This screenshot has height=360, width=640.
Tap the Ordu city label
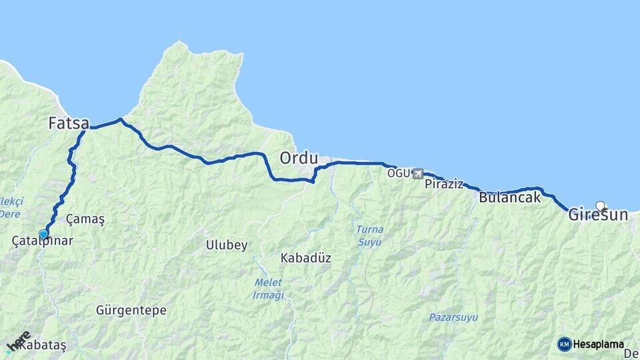pyautogui.click(x=299, y=159)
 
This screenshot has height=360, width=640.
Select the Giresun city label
pyautogui.click(x=598, y=215)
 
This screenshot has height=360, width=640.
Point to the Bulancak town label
pyautogui.click(x=509, y=197)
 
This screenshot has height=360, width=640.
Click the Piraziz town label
pyautogui.click(x=443, y=184)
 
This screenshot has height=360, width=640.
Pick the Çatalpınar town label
pyautogui.click(x=43, y=241)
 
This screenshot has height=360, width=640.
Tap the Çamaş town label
pyautogui.click(x=86, y=219)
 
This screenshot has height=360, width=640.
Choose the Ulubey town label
pyautogui.click(x=227, y=245)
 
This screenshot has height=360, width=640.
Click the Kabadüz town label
pyautogui.click(x=306, y=258)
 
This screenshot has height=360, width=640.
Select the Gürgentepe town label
pyautogui.click(x=131, y=311)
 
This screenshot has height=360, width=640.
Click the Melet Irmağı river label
pyautogui.click(x=269, y=289)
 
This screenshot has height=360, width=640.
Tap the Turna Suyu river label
pyautogui.click(x=369, y=235)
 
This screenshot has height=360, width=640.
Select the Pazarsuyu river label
pyautogui.click(x=453, y=317)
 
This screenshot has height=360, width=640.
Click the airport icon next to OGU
pyautogui.click(x=418, y=174)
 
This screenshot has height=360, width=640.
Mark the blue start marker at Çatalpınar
pyautogui.click(x=44, y=234)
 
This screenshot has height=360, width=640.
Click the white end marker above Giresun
pyautogui.click(x=600, y=206)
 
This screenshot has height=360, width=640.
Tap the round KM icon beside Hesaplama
pyautogui.click(x=565, y=344)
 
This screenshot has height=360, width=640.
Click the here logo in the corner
pyautogui.click(x=18, y=341)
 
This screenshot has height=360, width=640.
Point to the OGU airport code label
pyautogui.click(x=400, y=174)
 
